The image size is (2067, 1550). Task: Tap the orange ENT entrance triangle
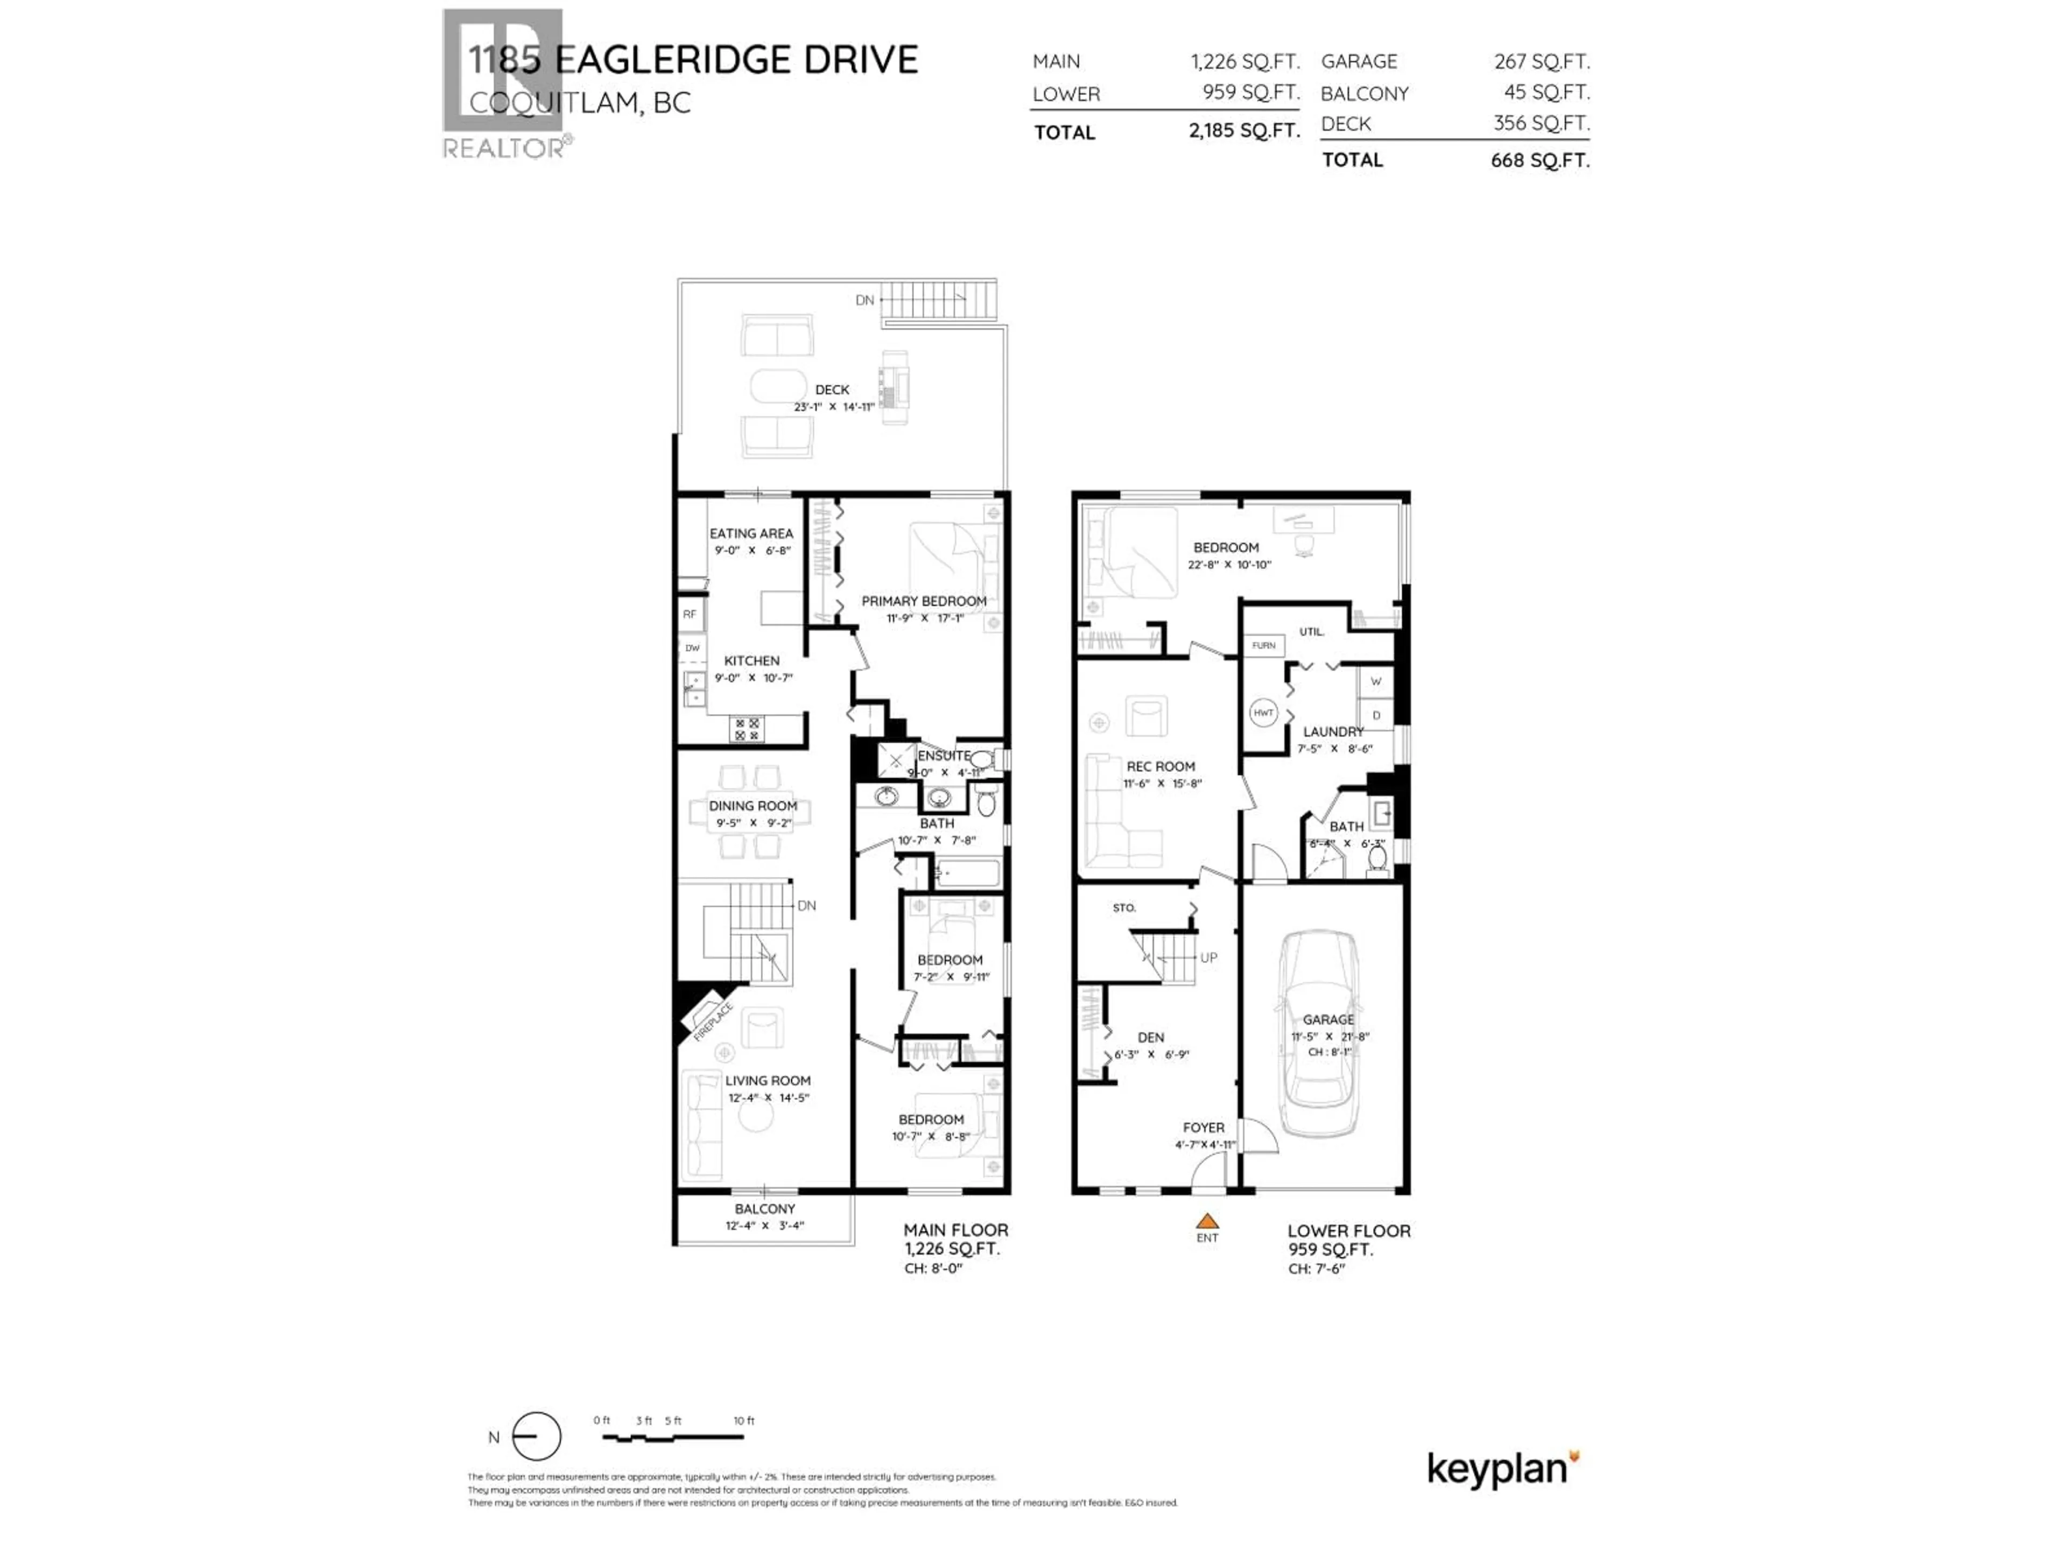[x=1207, y=1221]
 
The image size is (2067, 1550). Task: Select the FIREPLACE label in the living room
[x=713, y=1020]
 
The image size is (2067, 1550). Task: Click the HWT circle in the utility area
[x=1263, y=713]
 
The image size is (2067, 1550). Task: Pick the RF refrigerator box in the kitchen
[x=690, y=615]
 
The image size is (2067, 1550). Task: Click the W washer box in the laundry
[x=1375, y=682]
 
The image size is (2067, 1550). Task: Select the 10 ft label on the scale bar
[x=744, y=1421]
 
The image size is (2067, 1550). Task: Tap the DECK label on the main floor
[x=832, y=390]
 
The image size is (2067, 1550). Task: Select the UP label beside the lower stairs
[x=1208, y=957]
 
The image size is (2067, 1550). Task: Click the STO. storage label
[x=1124, y=908]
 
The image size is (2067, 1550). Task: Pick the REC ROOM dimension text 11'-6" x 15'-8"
[x=1161, y=784]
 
